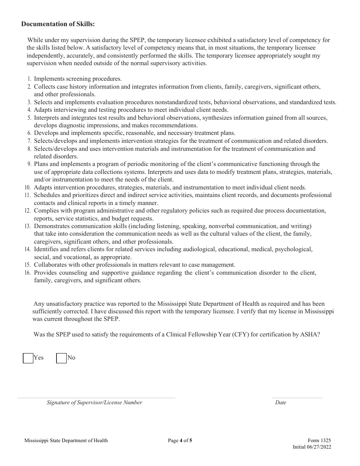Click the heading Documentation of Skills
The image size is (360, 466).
58,24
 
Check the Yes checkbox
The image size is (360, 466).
28,358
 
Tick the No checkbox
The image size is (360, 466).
61,358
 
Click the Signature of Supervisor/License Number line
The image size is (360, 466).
96,397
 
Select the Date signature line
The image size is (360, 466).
297,397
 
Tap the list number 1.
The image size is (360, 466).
29,79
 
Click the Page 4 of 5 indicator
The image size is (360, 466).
180,440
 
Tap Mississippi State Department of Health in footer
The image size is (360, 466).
66,440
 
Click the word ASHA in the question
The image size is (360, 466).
311,335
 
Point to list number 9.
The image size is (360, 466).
29,164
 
